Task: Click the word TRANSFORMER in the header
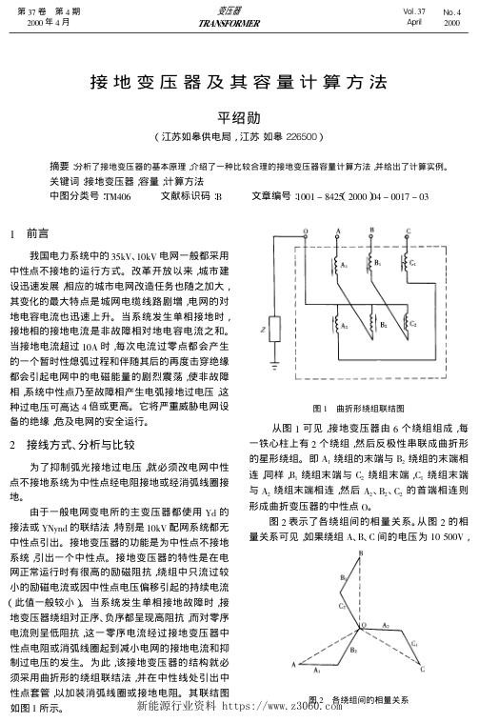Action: tap(239, 20)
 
